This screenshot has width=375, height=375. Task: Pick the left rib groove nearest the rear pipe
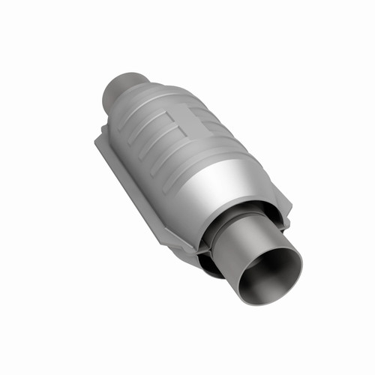tap(127, 127)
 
